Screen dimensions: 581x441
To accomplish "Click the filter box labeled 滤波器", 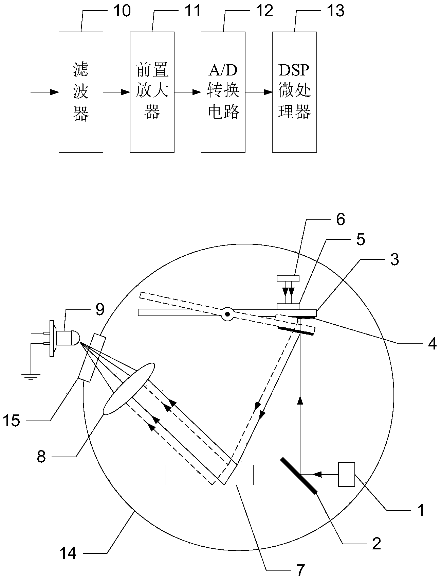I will point(81,92).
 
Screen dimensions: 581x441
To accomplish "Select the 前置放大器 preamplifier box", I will point(152,92).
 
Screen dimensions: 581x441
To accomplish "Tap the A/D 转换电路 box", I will point(223,92).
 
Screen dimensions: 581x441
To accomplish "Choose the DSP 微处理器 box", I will point(294,92).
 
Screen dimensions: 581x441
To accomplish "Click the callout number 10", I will point(121,11).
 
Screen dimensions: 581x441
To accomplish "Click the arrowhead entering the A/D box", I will point(197,92).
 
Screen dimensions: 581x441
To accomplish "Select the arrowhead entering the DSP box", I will point(269,92).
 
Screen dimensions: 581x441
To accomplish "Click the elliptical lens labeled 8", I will point(129,389).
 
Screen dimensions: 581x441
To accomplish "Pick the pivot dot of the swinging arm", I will point(226,313).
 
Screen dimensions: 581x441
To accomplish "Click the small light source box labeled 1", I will point(347,474).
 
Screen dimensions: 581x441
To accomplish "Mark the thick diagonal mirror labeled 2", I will point(299,475).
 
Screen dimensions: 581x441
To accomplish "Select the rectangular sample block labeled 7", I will point(209,474).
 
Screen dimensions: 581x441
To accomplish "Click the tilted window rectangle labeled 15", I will point(92,358).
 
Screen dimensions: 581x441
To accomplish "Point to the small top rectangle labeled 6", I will point(288,278).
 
